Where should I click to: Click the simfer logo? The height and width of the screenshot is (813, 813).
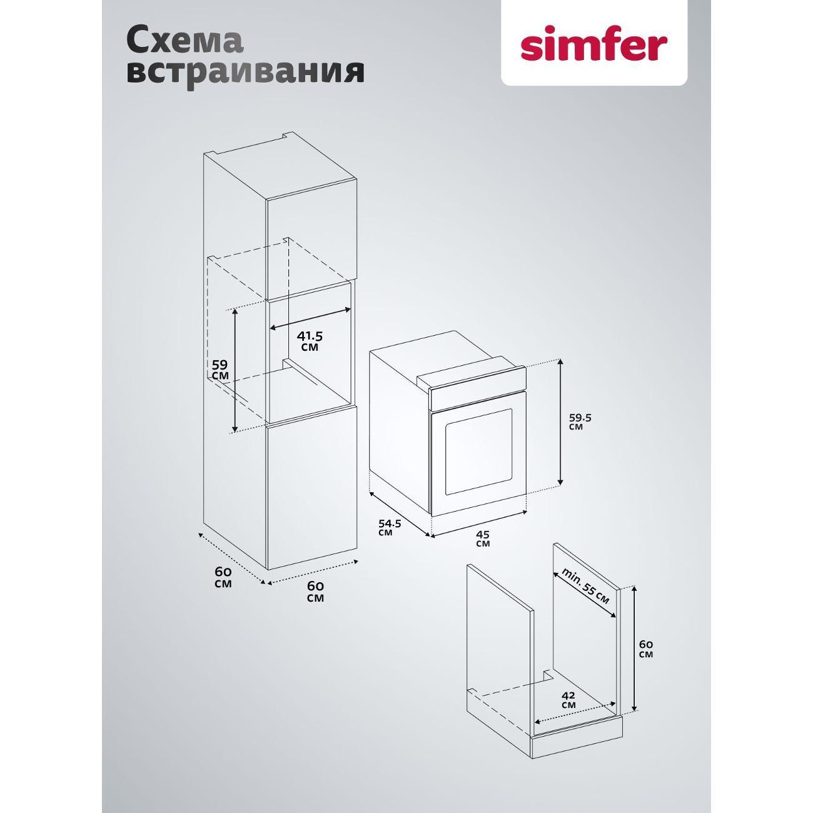(593, 49)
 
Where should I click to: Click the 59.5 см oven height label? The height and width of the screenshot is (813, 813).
(580, 421)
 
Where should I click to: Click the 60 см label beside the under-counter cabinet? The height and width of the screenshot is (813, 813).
(646, 660)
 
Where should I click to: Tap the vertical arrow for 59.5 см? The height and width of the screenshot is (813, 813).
(560, 422)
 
